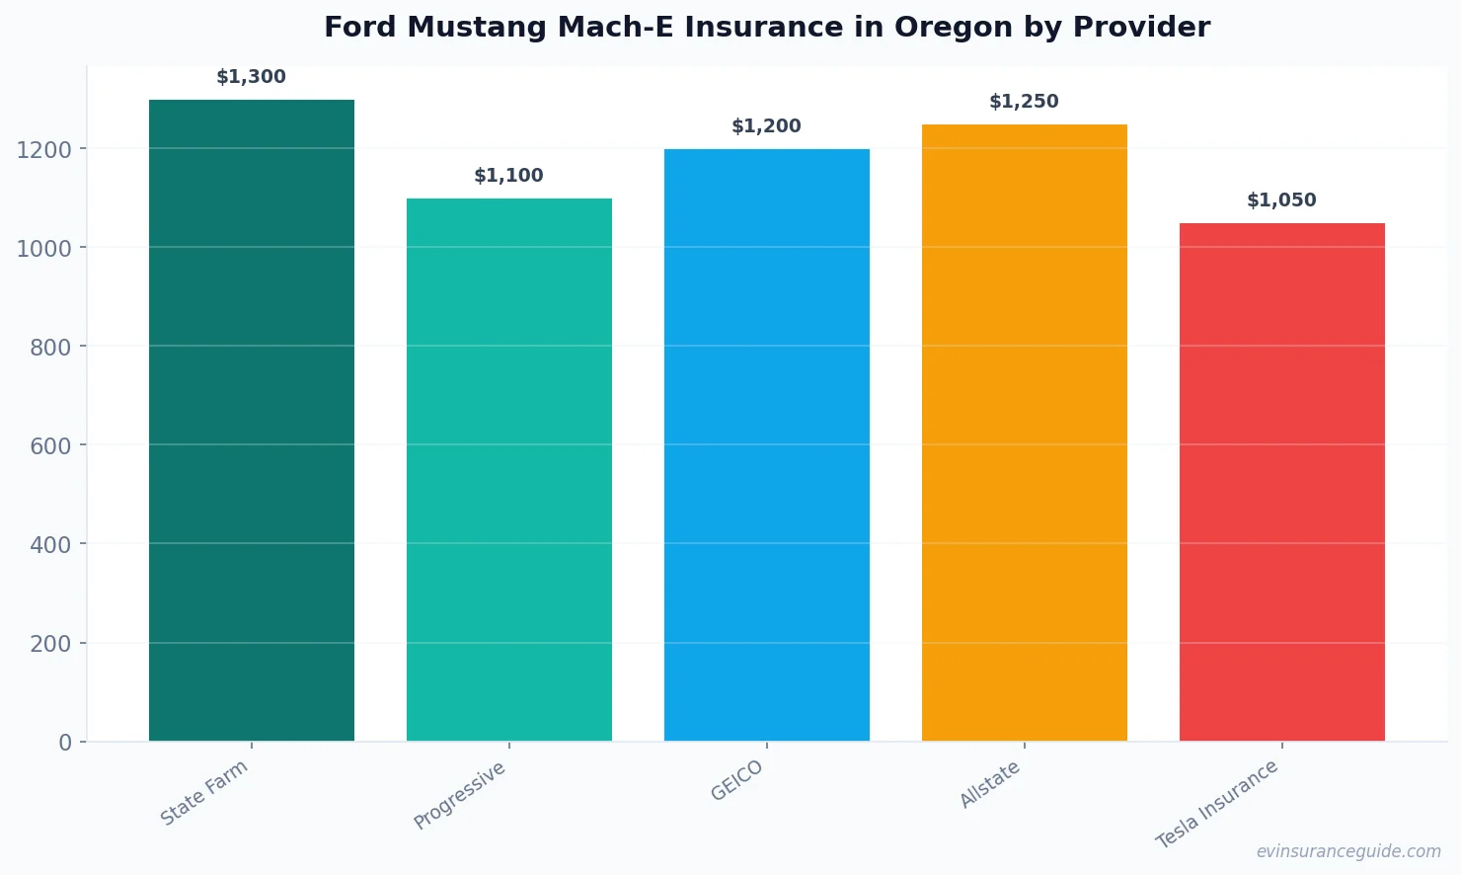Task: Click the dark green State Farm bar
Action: (252, 420)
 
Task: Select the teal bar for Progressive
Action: (509, 469)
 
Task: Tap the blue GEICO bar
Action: (767, 444)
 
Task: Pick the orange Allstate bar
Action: (1025, 433)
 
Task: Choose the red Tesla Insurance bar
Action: (1282, 482)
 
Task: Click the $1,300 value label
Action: (252, 77)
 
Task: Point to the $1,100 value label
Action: (509, 176)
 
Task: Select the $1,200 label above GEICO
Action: (767, 126)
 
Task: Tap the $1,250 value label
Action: (1025, 102)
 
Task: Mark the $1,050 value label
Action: (1282, 200)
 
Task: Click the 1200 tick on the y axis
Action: (44, 150)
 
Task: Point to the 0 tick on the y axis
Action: (65, 743)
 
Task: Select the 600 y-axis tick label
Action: (50, 446)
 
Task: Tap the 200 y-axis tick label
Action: (50, 644)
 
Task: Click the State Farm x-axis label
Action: (204, 793)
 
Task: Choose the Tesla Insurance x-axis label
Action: (1217, 804)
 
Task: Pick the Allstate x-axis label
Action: (990, 785)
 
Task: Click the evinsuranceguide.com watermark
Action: (1348, 851)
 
